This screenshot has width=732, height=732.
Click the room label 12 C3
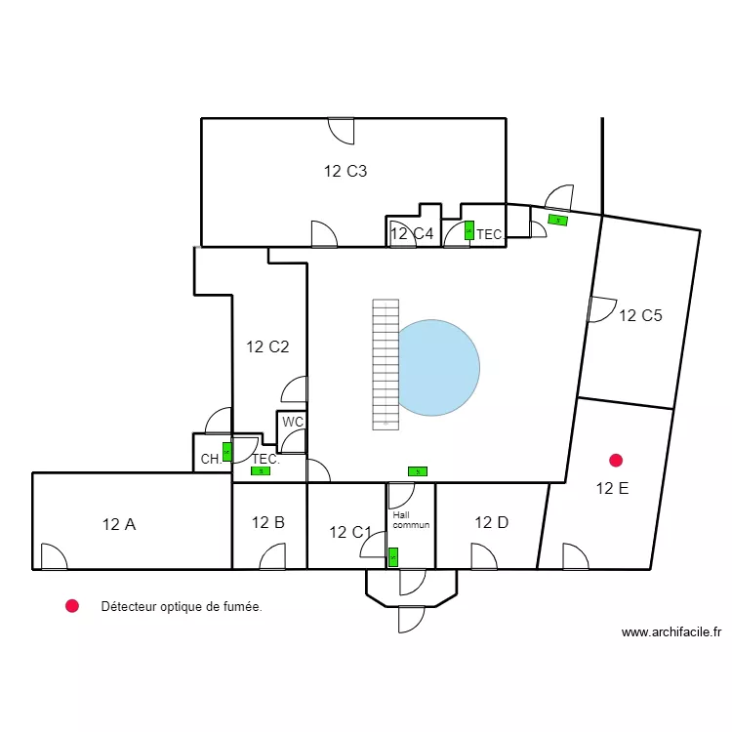click(x=346, y=172)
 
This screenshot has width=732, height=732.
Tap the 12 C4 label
click(x=411, y=233)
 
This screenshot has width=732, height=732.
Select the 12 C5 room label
click(x=640, y=315)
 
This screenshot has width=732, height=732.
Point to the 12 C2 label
click(x=267, y=346)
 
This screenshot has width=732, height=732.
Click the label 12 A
click(x=118, y=524)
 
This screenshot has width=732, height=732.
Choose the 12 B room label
click(x=267, y=522)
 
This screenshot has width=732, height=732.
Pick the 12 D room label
click(x=491, y=522)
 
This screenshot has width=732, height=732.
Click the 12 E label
click(x=612, y=489)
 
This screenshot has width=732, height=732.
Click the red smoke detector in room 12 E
click(x=615, y=460)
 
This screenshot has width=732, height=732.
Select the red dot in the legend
click(x=71, y=606)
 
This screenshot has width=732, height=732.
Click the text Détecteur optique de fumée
click(x=182, y=607)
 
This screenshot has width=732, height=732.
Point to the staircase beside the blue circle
click(x=386, y=364)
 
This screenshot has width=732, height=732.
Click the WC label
click(x=292, y=423)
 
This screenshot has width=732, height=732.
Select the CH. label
click(x=210, y=459)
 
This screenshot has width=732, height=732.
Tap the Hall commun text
click(x=410, y=519)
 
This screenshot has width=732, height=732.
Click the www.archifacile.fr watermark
click(x=671, y=632)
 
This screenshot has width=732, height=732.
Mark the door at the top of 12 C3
click(x=341, y=130)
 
